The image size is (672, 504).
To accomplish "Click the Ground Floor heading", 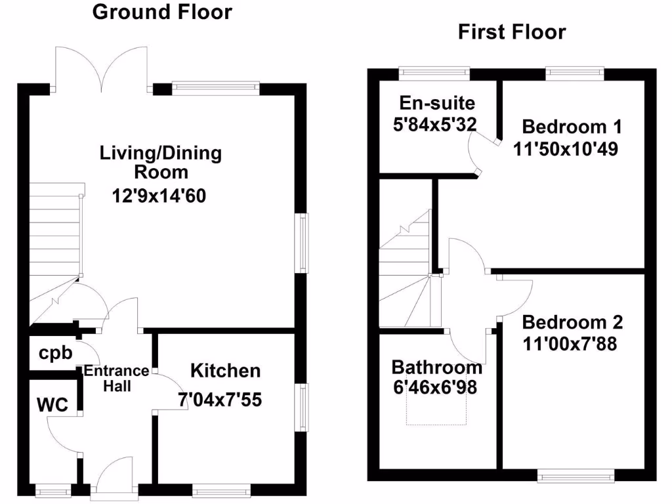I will [x=161, y=12].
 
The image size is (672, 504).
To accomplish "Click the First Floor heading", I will [x=511, y=32].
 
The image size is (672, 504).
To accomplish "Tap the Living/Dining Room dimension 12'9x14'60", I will [x=159, y=195].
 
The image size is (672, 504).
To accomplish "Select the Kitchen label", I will [x=225, y=371].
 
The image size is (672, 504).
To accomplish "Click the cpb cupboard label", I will [x=54, y=353].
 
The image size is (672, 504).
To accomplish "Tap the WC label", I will [x=52, y=406].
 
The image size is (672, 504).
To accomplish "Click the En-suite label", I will [x=427, y=103].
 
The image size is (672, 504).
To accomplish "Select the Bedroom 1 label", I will [x=572, y=126].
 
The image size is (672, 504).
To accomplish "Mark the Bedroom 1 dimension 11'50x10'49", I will [x=566, y=148].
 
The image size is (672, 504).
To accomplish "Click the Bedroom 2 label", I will [x=572, y=322].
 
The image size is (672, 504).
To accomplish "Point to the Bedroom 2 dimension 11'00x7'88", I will [x=570, y=343].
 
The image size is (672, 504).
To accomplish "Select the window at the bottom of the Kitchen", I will [x=221, y=489].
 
